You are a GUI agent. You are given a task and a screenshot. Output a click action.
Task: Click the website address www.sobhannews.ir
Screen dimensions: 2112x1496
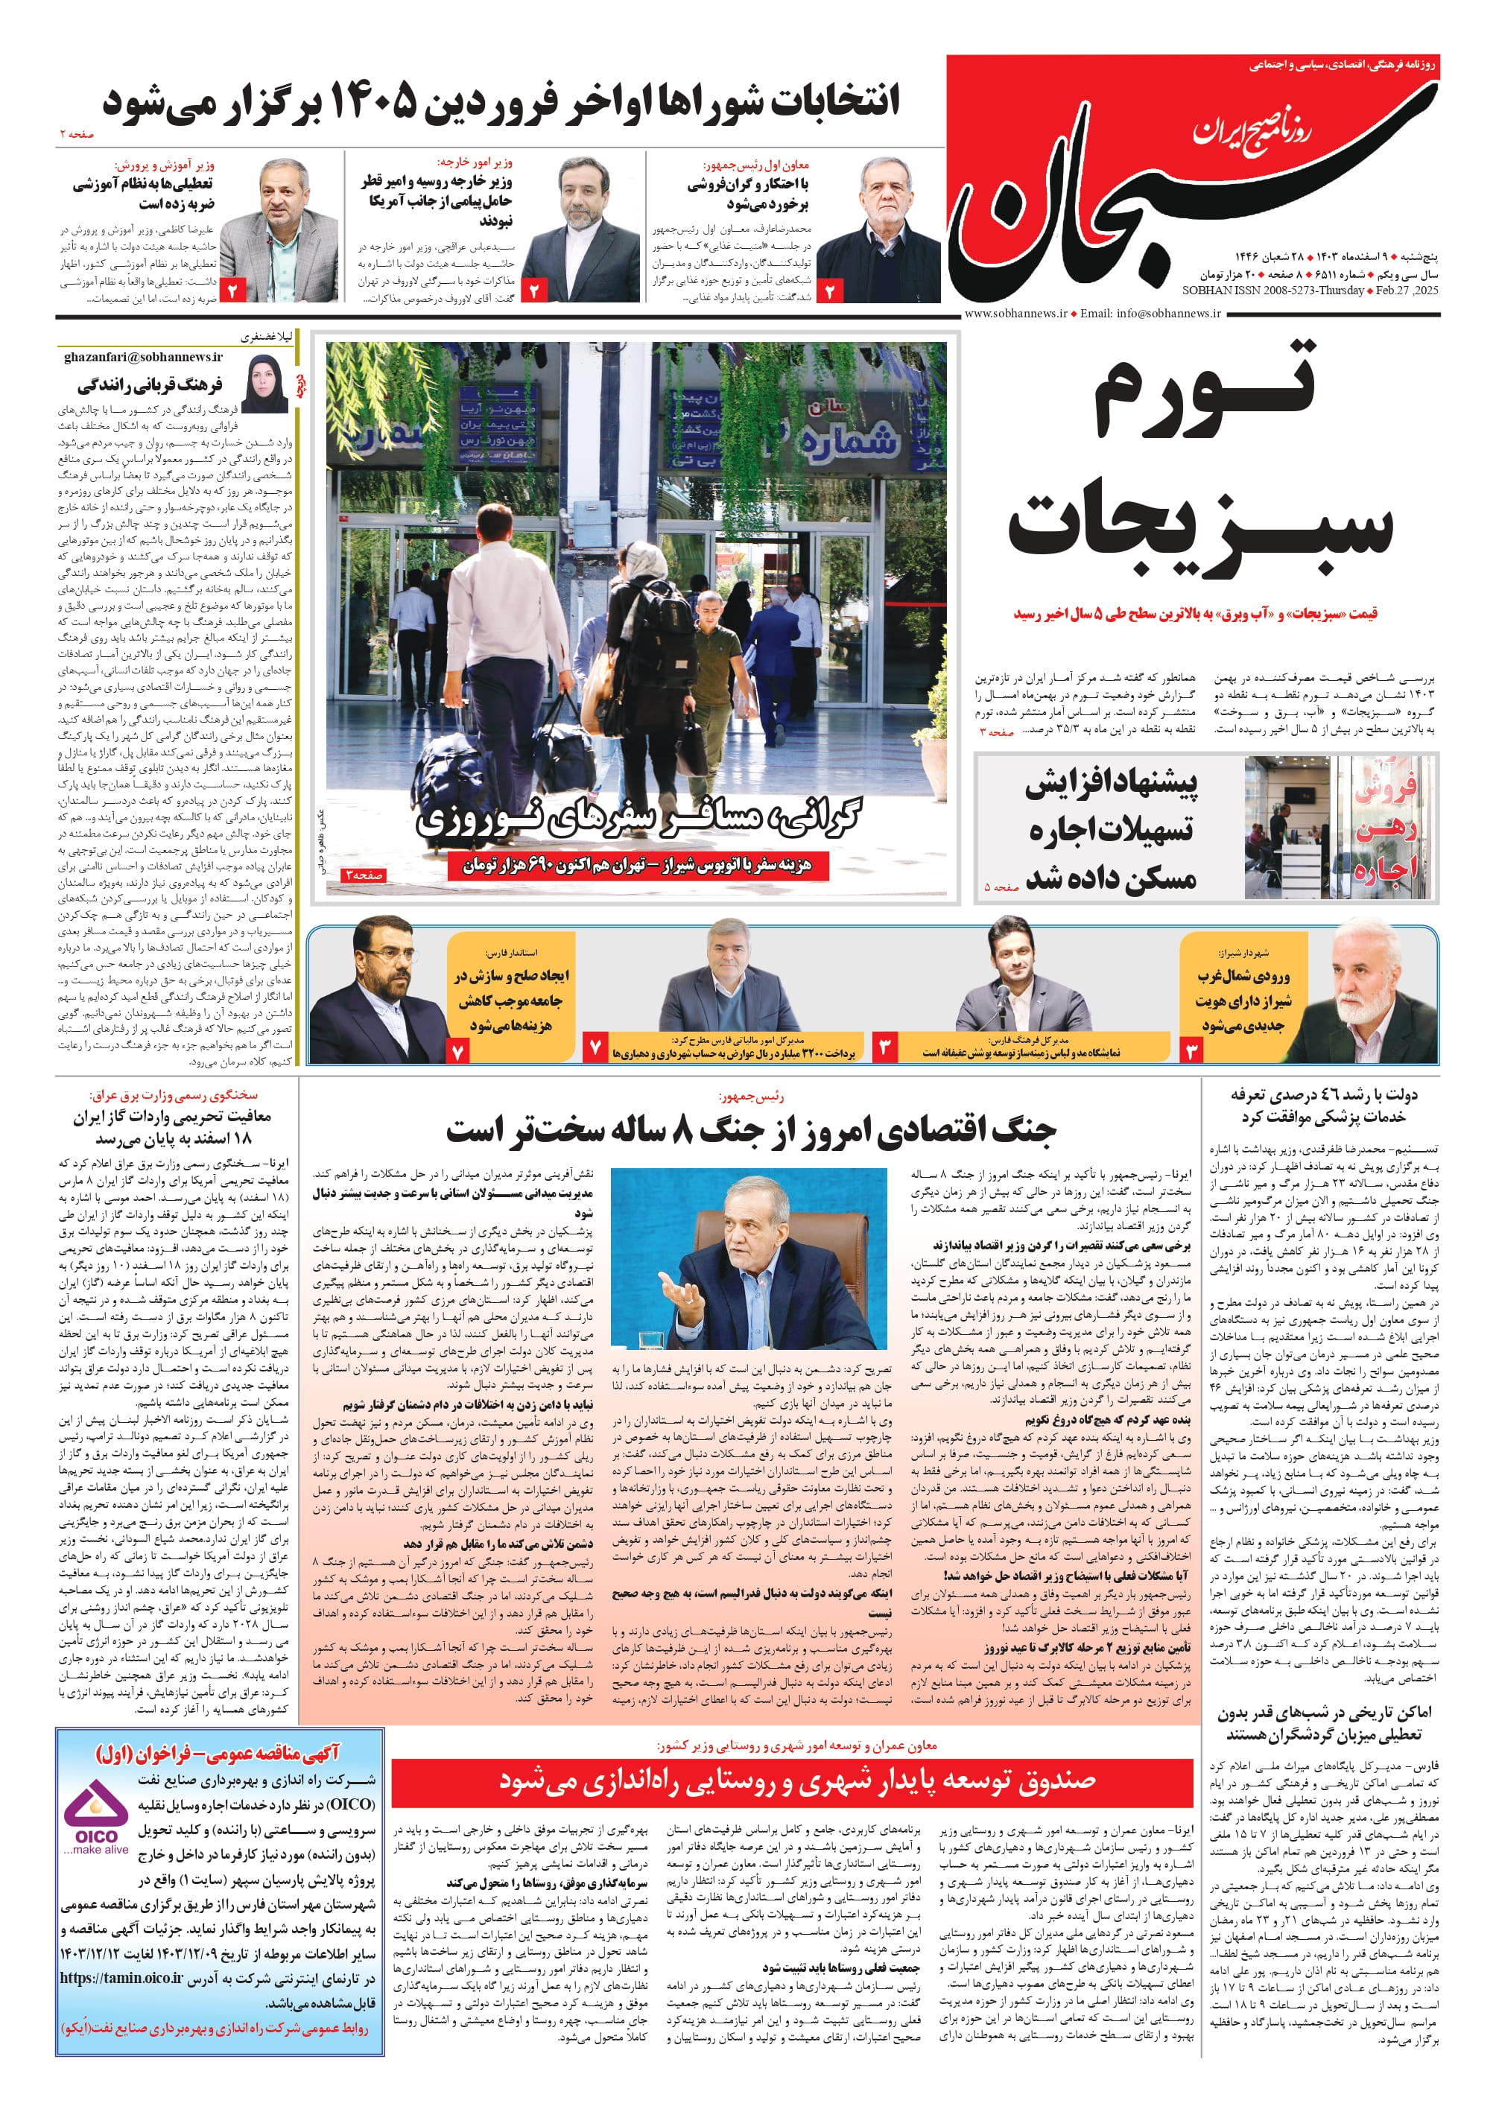[1015, 313]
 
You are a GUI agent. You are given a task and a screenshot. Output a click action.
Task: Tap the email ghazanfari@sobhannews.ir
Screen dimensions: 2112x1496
[143, 356]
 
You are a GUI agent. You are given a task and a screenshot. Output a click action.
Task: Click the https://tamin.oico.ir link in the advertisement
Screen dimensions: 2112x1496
[121, 1976]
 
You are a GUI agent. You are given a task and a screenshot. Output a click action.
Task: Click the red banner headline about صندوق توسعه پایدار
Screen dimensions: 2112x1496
[797, 1780]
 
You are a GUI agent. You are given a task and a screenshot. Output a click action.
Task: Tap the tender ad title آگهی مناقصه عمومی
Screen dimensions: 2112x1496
[218, 1753]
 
